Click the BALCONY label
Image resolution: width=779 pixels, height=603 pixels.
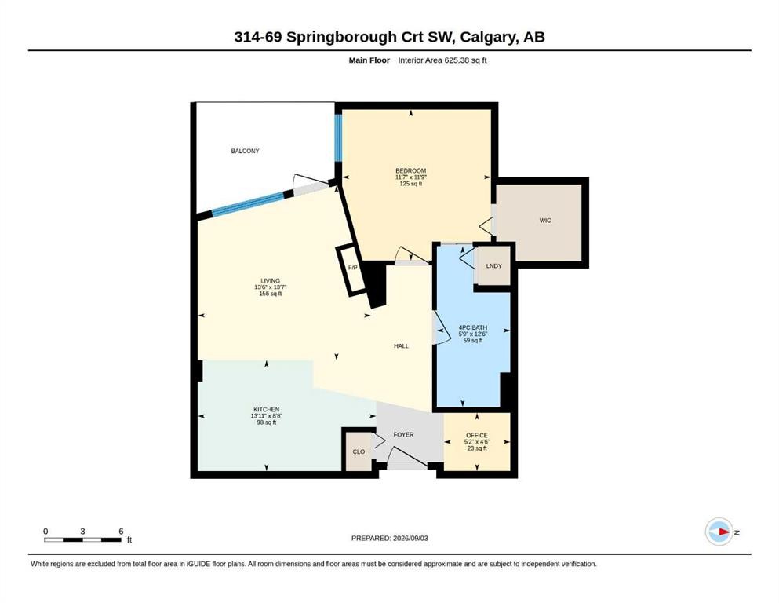coord(245,151)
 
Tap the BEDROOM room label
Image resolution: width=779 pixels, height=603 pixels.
coord(411,170)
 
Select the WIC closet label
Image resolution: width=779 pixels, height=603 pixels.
coord(545,220)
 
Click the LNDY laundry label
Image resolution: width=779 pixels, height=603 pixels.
coord(493,266)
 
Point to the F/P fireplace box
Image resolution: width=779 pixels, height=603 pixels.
coord(352,270)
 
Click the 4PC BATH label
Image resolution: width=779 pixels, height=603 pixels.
coord(473,327)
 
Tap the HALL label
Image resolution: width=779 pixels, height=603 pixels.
coord(402,346)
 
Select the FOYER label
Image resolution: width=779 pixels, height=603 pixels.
coord(403,434)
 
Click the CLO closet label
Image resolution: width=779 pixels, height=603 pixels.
coord(359,452)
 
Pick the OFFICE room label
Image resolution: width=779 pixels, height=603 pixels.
coord(477,436)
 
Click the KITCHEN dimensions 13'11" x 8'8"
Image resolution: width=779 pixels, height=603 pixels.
coord(267,416)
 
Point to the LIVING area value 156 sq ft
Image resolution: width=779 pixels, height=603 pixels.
coord(271,294)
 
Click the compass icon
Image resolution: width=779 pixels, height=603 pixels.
coord(719,532)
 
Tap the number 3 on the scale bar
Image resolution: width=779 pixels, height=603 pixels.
coord(82,532)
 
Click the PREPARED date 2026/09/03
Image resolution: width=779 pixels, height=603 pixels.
coord(410,538)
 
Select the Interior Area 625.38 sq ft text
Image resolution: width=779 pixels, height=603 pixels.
coord(442,60)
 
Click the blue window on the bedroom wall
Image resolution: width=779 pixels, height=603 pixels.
coord(338,138)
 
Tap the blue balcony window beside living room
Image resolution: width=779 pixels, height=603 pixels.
coord(248,204)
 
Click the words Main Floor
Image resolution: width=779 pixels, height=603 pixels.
coord(369,60)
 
